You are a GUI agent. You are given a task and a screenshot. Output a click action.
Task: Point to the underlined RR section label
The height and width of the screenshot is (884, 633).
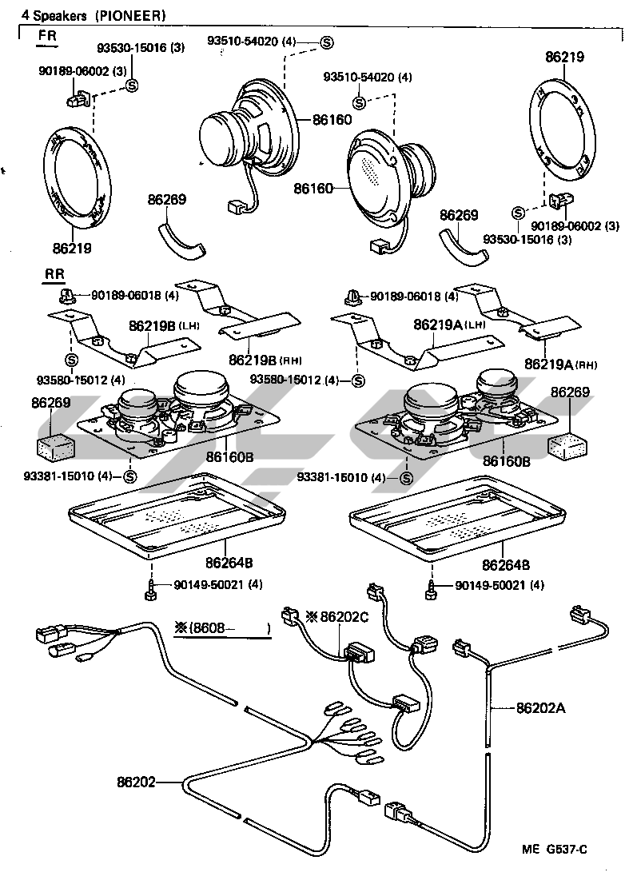pos(54,274)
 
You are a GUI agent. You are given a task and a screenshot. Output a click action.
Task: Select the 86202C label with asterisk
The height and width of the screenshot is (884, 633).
pos(340,617)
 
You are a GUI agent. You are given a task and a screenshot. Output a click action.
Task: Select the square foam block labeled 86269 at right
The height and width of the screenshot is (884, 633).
pos(568,445)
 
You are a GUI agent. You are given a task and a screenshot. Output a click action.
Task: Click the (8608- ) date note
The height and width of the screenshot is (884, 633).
pos(222,628)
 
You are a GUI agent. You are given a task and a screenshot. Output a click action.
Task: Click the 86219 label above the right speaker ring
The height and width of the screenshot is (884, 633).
pos(564,58)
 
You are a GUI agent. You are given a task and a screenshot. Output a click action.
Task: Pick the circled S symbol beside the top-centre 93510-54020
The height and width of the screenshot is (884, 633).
pos(326,42)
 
